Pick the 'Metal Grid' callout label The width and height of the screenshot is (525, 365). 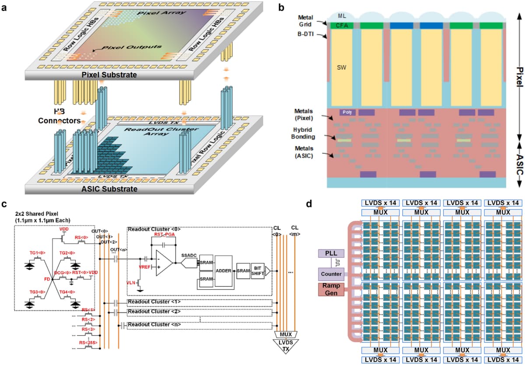[x=305, y=21]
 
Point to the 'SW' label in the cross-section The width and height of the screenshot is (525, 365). [x=341, y=68]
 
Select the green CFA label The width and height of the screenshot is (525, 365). [x=342, y=26]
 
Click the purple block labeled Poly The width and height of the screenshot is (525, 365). [x=347, y=112]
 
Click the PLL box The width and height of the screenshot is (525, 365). [x=331, y=254]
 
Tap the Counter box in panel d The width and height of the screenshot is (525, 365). [x=331, y=274]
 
